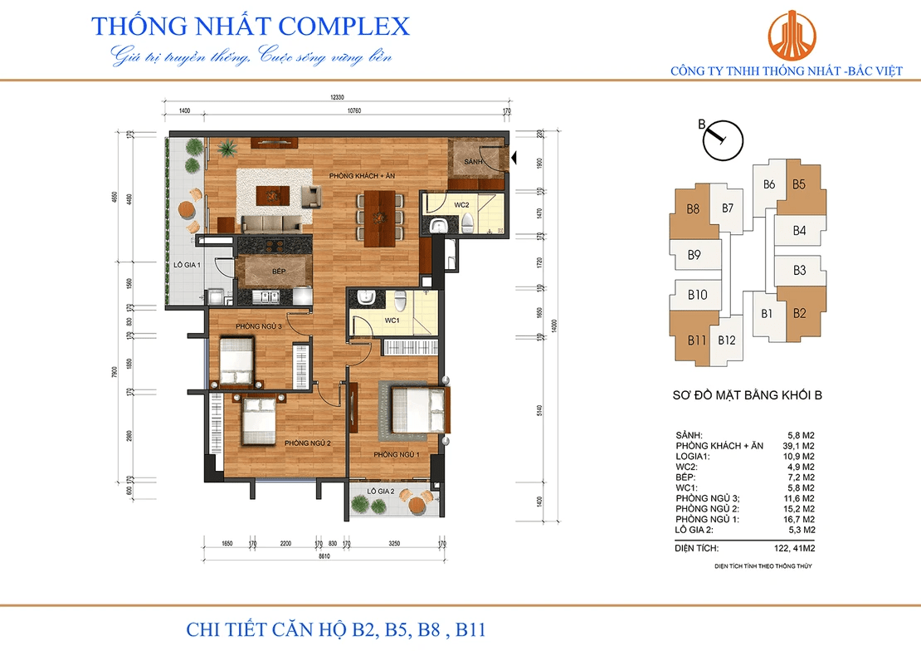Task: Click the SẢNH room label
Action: pyautogui.click(x=474, y=160)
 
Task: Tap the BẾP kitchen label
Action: pyautogui.click(x=278, y=272)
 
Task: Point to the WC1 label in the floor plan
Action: pyautogui.click(x=392, y=320)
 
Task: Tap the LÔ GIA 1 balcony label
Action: pyautogui.click(x=187, y=266)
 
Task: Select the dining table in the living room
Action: pyautogui.click(x=378, y=218)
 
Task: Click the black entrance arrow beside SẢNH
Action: pyautogui.click(x=515, y=155)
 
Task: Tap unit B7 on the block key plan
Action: pyautogui.click(x=727, y=208)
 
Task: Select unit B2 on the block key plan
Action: pyautogui.click(x=799, y=313)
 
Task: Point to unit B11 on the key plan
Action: pyautogui.click(x=696, y=340)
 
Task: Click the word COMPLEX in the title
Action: pyautogui.click(x=344, y=26)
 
